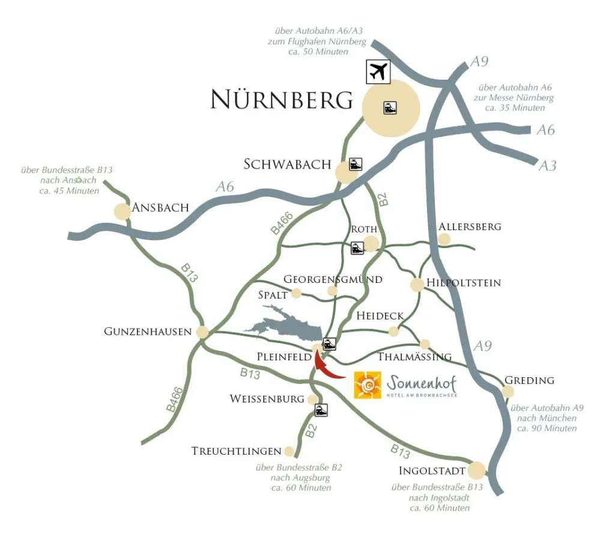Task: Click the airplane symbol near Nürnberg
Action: tap(378, 71)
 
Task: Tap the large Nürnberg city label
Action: tap(282, 100)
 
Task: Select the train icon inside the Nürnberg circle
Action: tap(390, 108)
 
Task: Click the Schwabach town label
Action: tap(287, 165)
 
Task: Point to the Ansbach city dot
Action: tap(123, 211)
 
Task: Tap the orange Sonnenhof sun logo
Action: tap(368, 385)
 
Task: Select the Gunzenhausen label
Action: tap(148, 332)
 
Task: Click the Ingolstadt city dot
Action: tap(476, 470)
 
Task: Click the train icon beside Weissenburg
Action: tap(322, 410)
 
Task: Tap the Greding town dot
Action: tap(508, 392)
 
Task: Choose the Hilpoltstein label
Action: tap(463, 283)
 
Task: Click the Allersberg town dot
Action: tap(444, 239)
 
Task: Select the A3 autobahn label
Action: tap(547, 165)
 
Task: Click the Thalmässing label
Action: tap(414, 357)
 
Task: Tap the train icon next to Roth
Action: tap(357, 247)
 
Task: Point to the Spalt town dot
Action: tap(296, 293)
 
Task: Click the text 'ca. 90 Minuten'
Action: tap(547, 428)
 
